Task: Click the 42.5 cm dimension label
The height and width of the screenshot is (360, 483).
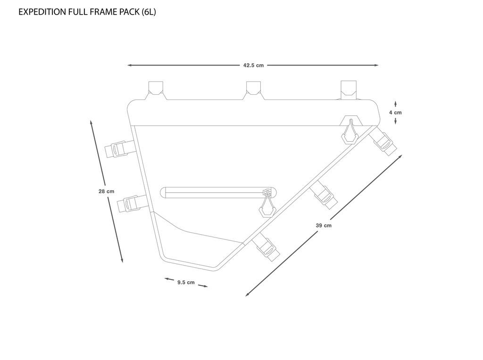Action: [x=253, y=65]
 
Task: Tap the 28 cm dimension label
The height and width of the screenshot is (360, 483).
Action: [x=107, y=191]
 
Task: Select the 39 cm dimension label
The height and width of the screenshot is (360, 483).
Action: [x=324, y=226]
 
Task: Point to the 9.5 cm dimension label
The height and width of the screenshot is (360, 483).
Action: [x=186, y=282]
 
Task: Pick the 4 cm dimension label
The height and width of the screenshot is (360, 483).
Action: [x=395, y=113]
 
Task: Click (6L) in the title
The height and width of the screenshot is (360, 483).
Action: [x=149, y=12]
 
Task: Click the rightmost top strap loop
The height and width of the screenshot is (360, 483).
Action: [x=350, y=89]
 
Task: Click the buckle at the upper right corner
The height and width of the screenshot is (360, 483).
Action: [x=384, y=142]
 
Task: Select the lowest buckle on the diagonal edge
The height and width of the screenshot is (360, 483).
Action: [x=266, y=247]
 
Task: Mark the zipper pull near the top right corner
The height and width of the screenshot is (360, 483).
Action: [x=350, y=132]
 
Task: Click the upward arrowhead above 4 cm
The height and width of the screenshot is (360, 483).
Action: [x=395, y=102]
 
